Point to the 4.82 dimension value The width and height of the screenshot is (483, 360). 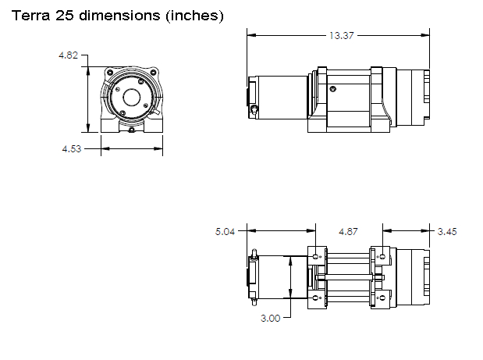(69, 56)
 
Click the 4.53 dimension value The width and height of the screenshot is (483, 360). (73, 148)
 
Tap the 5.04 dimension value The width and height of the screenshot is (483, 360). (226, 231)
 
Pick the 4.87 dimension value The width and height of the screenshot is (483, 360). (349, 231)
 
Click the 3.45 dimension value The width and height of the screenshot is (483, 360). (448, 231)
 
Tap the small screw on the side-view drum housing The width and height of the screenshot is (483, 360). (331, 87)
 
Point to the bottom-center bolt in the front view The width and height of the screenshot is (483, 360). (131, 130)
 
